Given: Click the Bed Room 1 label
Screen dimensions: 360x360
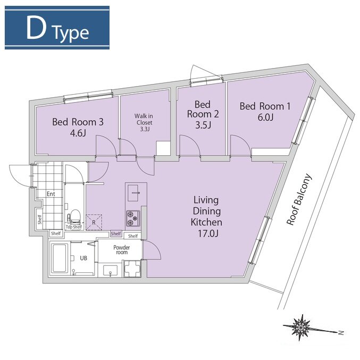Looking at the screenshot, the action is click(x=265, y=106).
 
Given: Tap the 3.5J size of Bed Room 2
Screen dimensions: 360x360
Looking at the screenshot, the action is click(x=203, y=125).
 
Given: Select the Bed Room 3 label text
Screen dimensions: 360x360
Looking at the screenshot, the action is click(x=78, y=122).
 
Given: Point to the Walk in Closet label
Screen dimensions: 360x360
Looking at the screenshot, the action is click(x=144, y=119).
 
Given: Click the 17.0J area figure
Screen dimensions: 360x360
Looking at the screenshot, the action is click(x=208, y=233).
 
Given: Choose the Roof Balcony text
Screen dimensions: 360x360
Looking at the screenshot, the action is click(x=299, y=199).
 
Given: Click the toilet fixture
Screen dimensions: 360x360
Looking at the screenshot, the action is click(x=74, y=216).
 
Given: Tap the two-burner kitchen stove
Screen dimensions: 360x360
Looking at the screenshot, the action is click(x=133, y=218).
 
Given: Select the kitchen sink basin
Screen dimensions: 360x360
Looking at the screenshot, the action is click(x=133, y=193).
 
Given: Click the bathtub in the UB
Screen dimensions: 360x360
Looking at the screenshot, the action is click(x=60, y=258).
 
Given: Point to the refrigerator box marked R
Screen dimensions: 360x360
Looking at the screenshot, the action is click(x=94, y=222).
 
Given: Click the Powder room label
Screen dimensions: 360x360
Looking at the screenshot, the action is click(x=122, y=250).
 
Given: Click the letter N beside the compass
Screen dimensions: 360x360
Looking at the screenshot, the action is click(x=341, y=332).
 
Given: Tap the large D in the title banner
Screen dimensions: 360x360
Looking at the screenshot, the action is click(x=36, y=28).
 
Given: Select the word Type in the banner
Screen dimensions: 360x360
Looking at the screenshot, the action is click(x=71, y=34).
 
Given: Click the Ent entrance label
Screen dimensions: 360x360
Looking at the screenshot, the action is click(x=51, y=194).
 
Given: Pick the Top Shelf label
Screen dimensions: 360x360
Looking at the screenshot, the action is click(x=74, y=227).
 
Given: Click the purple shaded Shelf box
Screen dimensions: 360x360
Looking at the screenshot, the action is click(x=116, y=233).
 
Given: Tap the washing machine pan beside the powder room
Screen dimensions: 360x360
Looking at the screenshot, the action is click(x=132, y=269).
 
